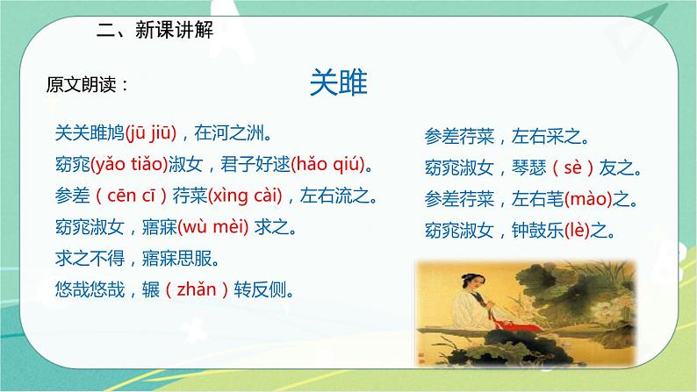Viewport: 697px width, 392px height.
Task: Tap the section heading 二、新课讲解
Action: point(155,29)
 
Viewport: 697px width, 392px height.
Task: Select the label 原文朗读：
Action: point(88,85)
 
